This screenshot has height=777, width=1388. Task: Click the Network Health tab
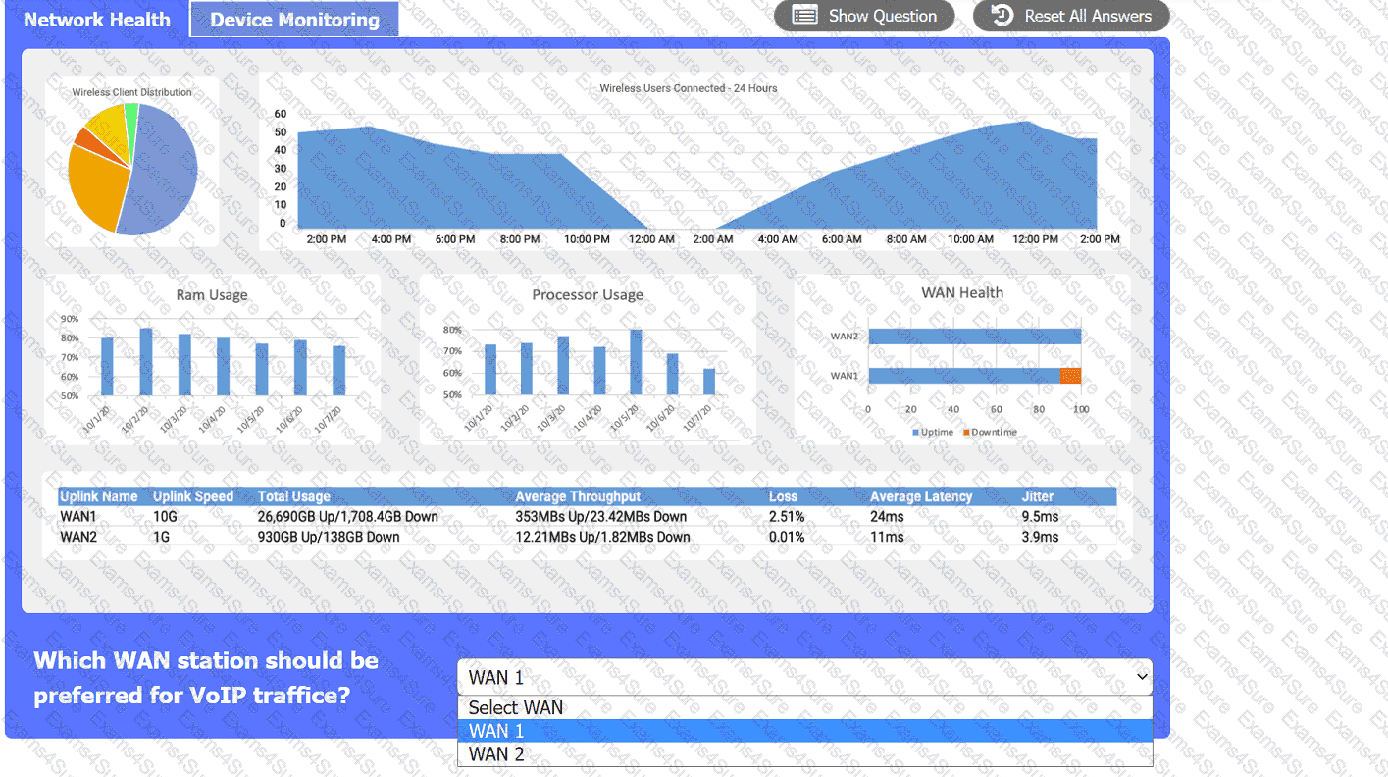pos(96,20)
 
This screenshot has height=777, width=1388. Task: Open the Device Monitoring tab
pos(294,20)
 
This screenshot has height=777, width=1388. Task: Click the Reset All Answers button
pos(1071,16)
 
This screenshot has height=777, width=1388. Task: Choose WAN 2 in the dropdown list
pos(496,754)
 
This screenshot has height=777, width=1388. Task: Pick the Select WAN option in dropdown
pos(516,707)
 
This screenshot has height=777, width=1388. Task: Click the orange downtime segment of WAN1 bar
pos(1070,376)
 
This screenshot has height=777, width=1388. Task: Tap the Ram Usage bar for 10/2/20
pos(146,361)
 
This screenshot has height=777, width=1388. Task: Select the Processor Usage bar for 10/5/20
pos(636,362)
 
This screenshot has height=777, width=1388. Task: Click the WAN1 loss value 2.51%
pos(787,516)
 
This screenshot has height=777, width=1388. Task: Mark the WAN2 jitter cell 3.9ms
pos(1040,537)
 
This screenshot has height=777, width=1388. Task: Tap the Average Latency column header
pos(920,496)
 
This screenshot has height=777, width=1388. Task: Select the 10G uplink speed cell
pos(166,516)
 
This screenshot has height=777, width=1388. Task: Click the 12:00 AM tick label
pos(651,239)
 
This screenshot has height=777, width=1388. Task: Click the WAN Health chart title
pos(961,292)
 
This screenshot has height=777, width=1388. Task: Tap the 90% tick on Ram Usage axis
pos(70,319)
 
